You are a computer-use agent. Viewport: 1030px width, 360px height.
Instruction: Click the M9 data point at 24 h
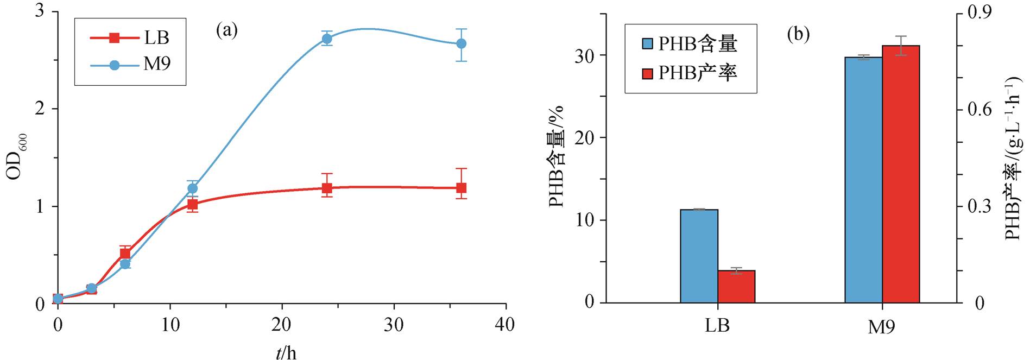(327, 39)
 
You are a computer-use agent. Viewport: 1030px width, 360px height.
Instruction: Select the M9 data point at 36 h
(461, 43)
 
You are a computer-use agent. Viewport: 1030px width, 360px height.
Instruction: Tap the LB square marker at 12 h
(192, 205)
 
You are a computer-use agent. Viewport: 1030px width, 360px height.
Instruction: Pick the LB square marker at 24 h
(327, 188)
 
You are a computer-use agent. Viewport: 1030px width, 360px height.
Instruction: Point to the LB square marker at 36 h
(461, 188)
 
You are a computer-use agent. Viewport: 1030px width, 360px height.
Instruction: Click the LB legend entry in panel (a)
(130, 38)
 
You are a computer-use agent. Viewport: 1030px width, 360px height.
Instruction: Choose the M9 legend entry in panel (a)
(130, 65)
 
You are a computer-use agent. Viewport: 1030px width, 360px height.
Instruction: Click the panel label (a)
(227, 30)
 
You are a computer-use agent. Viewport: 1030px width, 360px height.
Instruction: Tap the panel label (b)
(798, 35)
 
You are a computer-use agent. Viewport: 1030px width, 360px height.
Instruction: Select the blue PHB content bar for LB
(699, 256)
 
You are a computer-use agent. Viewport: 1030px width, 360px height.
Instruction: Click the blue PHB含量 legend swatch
(648, 44)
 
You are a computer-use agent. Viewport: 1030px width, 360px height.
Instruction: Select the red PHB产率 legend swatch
(648, 73)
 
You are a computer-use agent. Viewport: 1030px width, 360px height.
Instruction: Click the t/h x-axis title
(286, 353)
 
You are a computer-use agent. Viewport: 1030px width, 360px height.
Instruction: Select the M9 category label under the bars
(881, 327)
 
